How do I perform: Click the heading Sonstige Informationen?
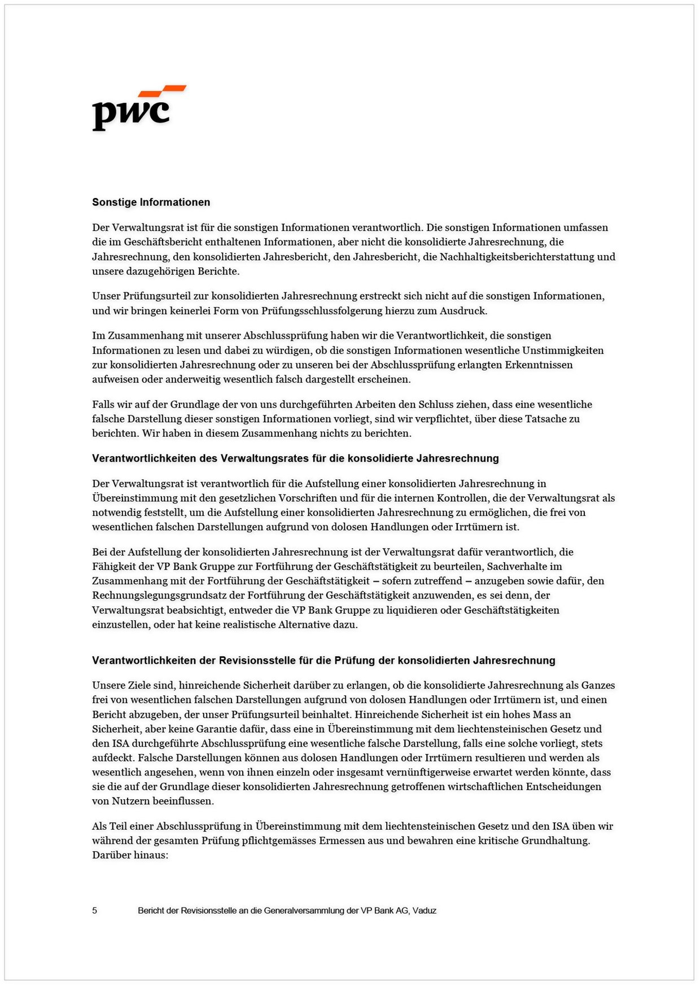click(151, 202)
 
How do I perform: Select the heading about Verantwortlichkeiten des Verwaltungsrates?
click(295, 458)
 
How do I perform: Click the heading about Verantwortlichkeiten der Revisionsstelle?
click(323, 660)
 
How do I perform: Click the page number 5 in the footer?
click(95, 910)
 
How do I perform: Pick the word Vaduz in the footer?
click(424, 910)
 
